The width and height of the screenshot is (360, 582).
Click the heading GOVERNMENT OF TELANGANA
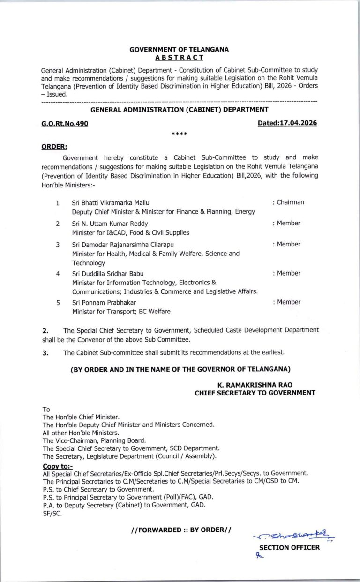[x=180, y=49]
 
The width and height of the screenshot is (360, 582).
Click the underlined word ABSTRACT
[x=180, y=57]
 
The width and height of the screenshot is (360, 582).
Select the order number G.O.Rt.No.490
[x=64, y=123]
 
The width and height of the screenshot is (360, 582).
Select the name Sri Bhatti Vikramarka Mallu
[x=111, y=203]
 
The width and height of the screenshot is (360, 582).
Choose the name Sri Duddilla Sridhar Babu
[x=108, y=274]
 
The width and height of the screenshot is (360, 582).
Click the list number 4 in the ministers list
[x=58, y=274]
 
